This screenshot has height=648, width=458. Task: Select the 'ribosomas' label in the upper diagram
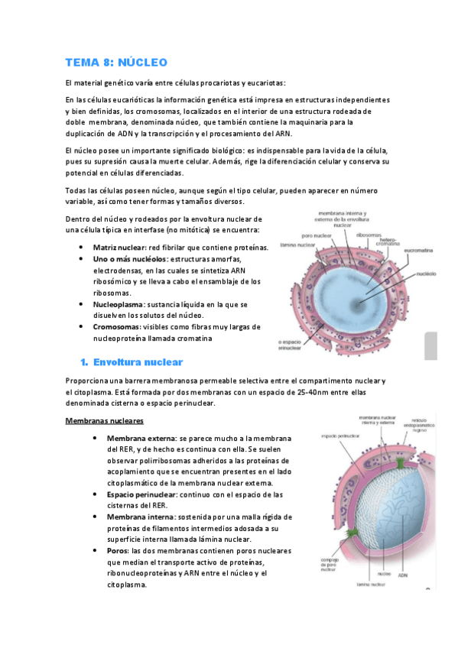pyautogui.click(x=369, y=236)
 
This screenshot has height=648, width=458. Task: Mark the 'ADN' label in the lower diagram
pyautogui.click(x=404, y=572)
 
